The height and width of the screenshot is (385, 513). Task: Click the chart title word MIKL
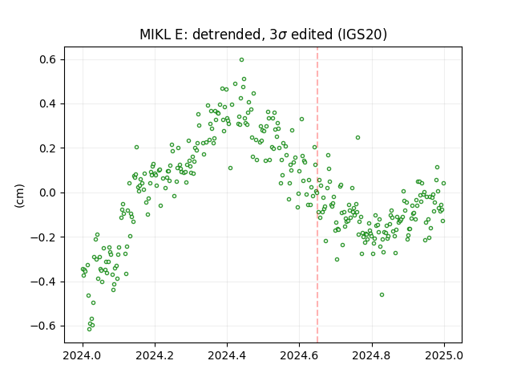155,34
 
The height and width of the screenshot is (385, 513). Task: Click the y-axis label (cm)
19,196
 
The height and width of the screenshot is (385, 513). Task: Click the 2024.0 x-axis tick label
83,355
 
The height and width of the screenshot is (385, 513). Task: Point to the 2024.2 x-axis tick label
155,355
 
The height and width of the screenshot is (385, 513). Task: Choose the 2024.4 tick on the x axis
227,355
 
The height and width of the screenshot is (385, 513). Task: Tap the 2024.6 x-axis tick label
299,355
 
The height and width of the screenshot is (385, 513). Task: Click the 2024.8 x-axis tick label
372,355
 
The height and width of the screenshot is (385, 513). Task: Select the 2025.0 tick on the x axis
444,355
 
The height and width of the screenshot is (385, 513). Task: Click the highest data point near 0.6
241,60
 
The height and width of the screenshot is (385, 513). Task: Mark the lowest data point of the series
89,329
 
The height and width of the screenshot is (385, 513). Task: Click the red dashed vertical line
317,195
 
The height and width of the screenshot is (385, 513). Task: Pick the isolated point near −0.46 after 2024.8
382,295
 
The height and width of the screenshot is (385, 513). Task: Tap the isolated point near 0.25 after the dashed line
358,138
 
